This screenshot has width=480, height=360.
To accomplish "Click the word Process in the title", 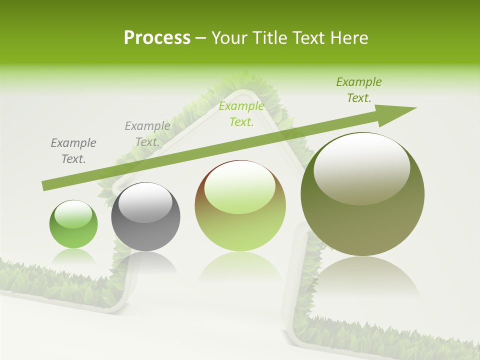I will (x=157, y=38).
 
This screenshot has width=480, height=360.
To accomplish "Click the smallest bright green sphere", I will (x=73, y=224).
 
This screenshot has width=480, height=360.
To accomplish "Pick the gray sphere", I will (x=145, y=217).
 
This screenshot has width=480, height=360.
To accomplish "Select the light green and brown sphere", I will (x=240, y=206).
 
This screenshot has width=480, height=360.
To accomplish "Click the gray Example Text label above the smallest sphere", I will (x=73, y=151).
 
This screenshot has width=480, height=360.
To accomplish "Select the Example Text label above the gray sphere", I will (x=147, y=134).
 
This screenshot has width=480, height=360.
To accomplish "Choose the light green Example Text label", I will (x=241, y=113).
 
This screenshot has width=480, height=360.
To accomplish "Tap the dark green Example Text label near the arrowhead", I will (x=359, y=90).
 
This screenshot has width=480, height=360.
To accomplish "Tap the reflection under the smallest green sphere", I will (x=73, y=257).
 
